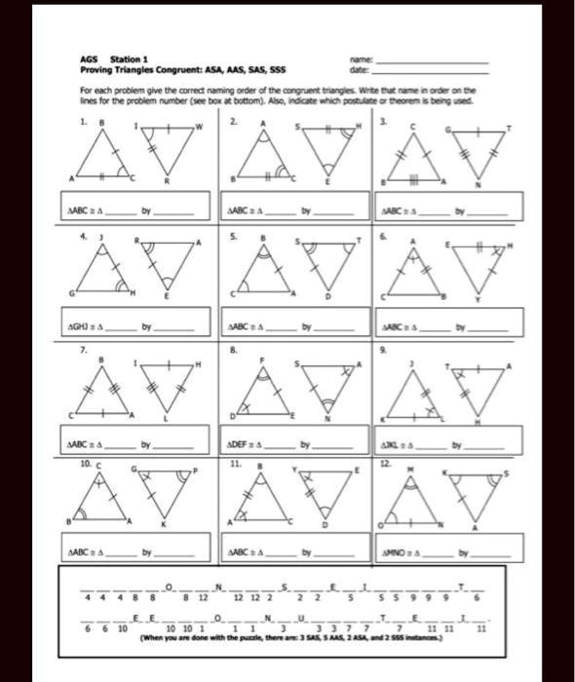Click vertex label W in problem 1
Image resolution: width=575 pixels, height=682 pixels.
[200, 127]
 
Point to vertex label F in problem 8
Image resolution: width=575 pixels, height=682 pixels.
[261, 360]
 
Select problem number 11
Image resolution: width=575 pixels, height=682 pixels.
[234, 467]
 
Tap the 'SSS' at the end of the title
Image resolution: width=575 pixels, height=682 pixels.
[277, 69]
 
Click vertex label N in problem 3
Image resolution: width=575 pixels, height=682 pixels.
[479, 182]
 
